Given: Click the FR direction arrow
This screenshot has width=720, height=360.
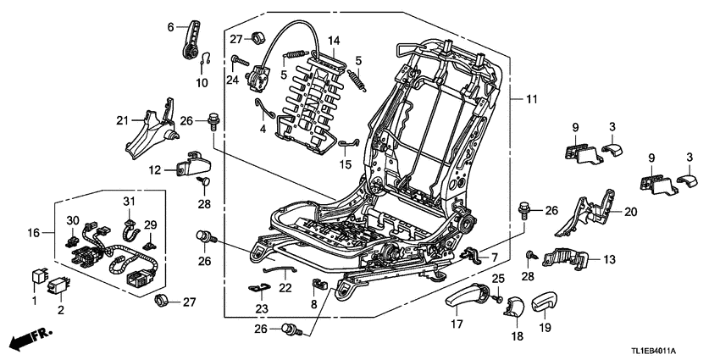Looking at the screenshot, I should (x=26, y=341).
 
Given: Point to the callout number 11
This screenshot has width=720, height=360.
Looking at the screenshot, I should (x=532, y=101).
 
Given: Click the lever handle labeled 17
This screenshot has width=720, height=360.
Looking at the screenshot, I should (x=463, y=296).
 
